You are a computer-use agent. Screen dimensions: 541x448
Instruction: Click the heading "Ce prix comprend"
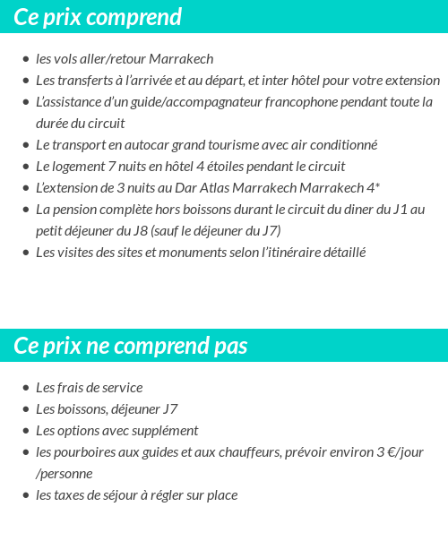click(98, 17)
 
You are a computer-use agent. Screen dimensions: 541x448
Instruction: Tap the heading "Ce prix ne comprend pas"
click(131, 347)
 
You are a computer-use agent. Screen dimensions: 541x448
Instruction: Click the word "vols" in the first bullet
click(67, 59)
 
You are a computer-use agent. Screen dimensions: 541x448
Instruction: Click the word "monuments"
click(214, 253)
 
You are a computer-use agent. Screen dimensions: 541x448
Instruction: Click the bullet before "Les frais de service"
click(25, 388)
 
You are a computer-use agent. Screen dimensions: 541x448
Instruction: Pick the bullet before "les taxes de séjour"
click(25, 495)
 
